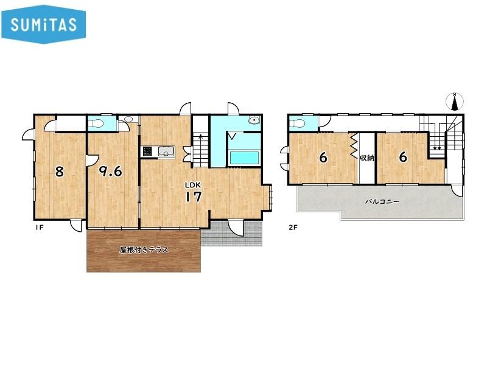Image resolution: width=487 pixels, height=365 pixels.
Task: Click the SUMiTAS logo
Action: click(43, 24)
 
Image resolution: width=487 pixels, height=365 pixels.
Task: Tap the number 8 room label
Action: click(59, 171)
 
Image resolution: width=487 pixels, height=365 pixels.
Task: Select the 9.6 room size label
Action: click(110, 171)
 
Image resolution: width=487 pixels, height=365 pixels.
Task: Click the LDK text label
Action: click(193, 185)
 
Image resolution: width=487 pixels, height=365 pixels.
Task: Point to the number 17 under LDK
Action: click(194, 196)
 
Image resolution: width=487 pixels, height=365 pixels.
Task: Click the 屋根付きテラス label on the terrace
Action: click(144, 249)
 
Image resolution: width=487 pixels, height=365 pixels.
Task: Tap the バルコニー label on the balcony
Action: click(382, 201)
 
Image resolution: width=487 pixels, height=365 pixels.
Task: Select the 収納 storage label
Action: click(367, 158)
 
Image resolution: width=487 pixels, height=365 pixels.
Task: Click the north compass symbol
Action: click(455, 102)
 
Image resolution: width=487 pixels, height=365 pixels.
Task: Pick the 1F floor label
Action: click(39, 228)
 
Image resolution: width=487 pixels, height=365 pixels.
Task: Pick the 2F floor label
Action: click(293, 228)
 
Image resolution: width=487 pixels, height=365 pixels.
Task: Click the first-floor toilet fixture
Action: click(96, 123)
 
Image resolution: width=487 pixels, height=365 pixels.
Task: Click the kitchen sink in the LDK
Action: click(166, 151)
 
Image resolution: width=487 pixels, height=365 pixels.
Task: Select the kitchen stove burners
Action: click(148, 151)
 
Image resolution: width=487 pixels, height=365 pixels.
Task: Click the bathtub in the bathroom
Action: click(244, 158)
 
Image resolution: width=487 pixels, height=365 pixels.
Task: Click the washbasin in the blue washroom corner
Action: click(254, 120)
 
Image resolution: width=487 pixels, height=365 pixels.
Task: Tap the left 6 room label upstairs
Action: click(323, 158)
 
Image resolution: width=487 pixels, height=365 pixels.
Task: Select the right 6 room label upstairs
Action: click(403, 157)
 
